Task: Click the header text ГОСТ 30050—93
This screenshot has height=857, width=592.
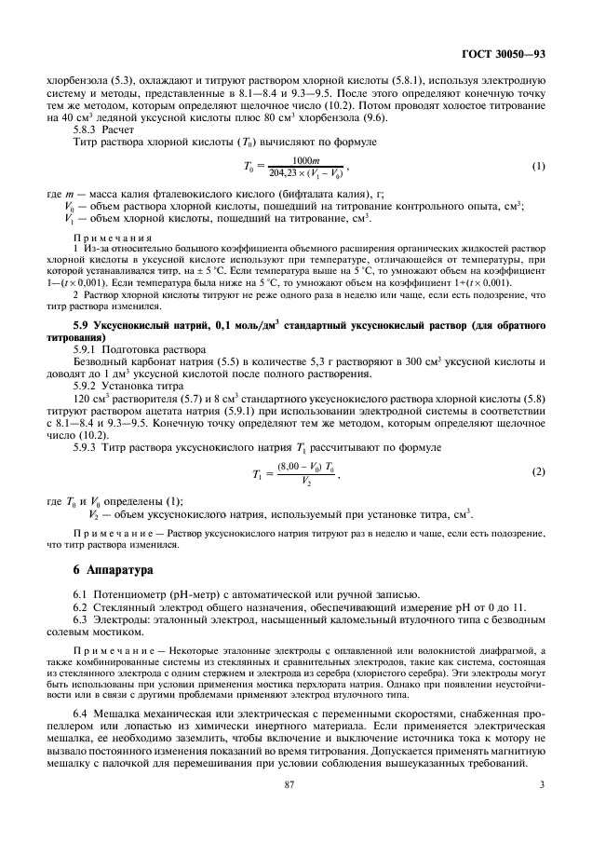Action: (504, 55)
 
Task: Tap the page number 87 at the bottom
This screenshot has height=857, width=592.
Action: (295, 809)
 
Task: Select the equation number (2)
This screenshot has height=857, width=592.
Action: (537, 472)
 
